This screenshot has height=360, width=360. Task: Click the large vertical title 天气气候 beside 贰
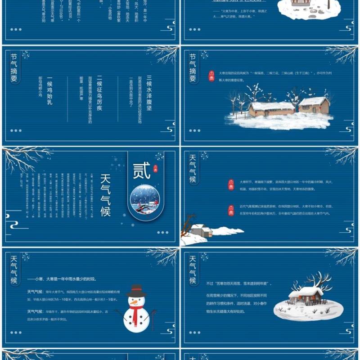(x=105, y=194)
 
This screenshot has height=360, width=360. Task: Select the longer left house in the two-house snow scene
(x=271, y=109)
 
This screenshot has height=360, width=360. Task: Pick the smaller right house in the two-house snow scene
(x=314, y=105)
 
